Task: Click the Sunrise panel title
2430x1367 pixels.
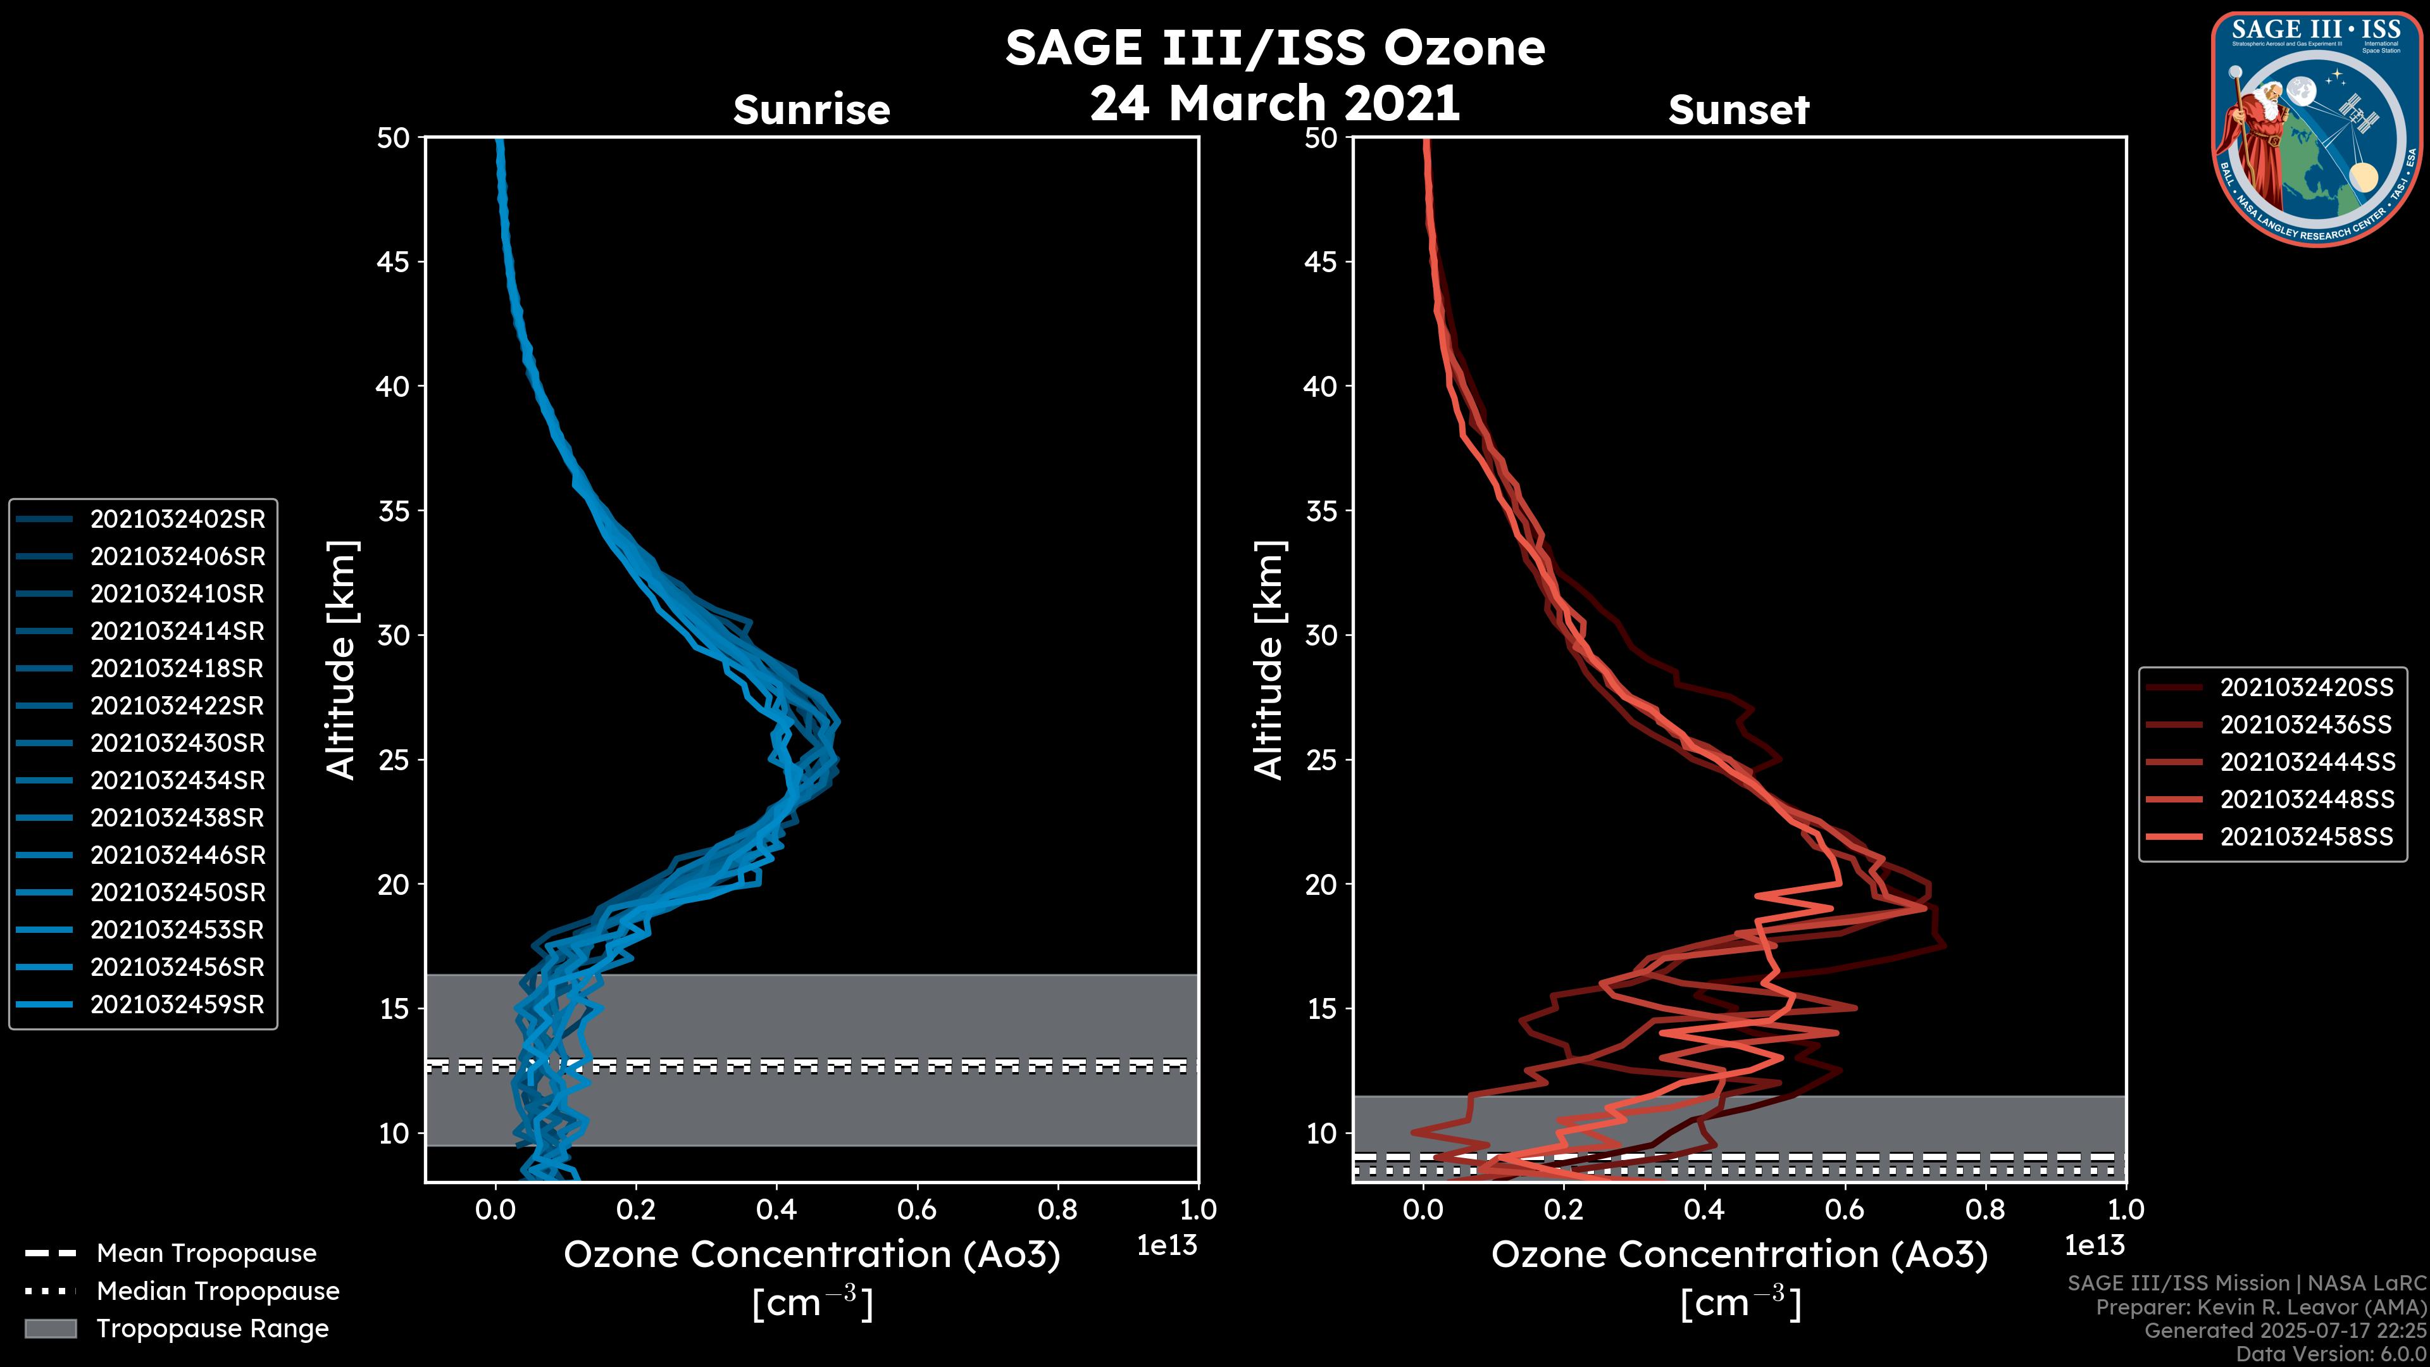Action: (811, 109)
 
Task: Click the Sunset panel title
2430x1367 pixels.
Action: (1738, 109)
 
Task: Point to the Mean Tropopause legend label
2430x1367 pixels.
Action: (206, 1253)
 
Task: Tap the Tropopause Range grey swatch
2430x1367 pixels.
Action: (50, 1328)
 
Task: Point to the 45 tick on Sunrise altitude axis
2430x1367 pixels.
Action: (394, 261)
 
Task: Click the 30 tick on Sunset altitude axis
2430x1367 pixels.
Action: (1321, 635)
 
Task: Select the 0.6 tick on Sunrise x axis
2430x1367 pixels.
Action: (917, 1209)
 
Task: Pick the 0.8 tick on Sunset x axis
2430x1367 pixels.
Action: (1984, 1209)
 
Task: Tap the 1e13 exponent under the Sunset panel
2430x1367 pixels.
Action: (2094, 1245)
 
